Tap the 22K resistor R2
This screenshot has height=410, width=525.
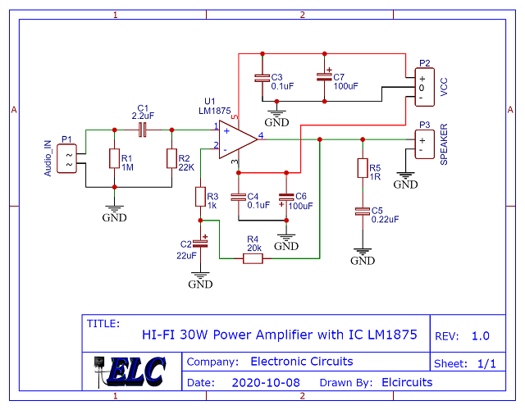click(x=171, y=158)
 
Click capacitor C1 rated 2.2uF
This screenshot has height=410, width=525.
click(x=142, y=130)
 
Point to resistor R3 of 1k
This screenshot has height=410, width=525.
click(x=200, y=197)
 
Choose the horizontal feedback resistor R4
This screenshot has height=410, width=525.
click(x=252, y=259)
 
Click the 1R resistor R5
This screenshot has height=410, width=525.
click(x=362, y=168)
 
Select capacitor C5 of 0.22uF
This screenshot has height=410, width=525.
click(x=362, y=212)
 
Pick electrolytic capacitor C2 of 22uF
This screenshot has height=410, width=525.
click(x=200, y=244)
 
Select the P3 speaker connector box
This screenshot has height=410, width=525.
click(x=422, y=144)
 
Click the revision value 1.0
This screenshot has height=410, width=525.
click(x=480, y=335)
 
